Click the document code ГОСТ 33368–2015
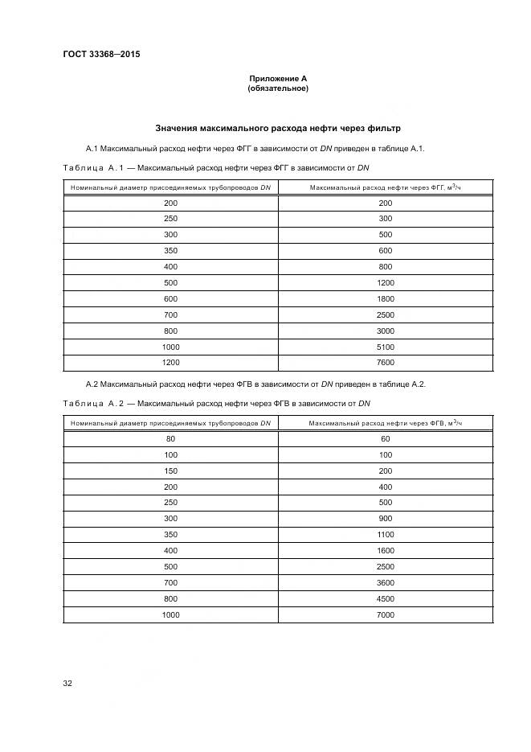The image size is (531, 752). pos(95,55)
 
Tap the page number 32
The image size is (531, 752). pos(67,683)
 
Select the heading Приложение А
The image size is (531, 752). pos(278,79)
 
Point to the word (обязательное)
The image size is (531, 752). pos(278,88)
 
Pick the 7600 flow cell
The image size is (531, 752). pos(385,362)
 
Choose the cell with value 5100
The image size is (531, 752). pos(385,347)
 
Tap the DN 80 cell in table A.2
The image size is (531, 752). pos(170,439)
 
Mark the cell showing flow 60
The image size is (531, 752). pos(385,439)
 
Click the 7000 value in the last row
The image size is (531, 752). pos(385,614)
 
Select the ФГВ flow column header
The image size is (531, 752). pos(385,422)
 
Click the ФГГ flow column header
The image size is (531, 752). pos(385,187)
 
